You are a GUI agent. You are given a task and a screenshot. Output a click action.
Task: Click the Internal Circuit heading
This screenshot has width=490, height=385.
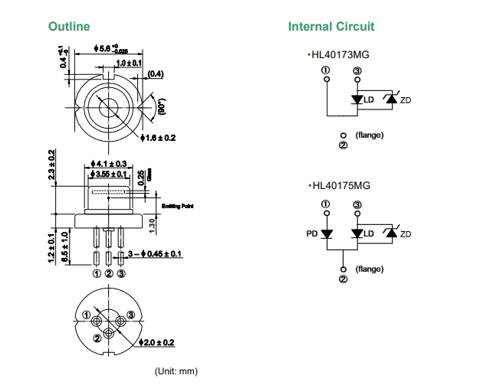point(331,27)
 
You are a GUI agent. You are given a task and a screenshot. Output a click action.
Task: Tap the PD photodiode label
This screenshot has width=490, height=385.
point(312,233)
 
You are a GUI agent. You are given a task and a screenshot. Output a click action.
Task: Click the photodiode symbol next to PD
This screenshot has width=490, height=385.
point(327,233)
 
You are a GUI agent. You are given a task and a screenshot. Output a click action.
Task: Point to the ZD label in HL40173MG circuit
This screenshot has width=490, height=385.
point(406,101)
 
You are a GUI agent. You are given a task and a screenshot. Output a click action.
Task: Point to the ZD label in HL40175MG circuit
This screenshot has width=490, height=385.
point(406,233)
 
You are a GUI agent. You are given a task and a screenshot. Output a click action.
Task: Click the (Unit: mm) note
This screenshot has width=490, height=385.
point(176,371)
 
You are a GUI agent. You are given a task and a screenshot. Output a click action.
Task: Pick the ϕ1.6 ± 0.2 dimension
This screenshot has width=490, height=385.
point(159,138)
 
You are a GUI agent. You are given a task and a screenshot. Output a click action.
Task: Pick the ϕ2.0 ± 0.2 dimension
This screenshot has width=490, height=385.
point(159,342)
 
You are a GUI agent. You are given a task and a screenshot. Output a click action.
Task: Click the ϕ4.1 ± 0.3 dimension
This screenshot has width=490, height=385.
point(108,164)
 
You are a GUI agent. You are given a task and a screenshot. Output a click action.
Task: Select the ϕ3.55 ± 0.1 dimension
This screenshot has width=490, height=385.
point(109,175)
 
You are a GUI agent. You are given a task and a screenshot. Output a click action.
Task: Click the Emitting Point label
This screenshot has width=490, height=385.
point(177,205)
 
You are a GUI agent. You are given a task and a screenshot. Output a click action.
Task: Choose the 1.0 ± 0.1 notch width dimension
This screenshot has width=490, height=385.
point(129,62)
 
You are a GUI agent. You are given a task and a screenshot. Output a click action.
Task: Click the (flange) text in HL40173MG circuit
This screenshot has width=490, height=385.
point(370,135)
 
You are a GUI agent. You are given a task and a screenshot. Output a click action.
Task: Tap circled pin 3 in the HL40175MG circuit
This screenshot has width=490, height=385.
point(357,204)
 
